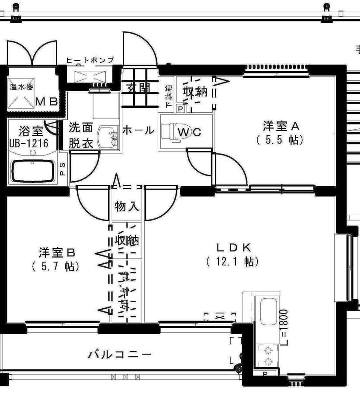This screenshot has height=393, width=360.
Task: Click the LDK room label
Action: pos(234,247)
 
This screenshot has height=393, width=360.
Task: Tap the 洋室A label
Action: pos(280,126)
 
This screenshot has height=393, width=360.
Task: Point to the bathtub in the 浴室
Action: pos(32,171)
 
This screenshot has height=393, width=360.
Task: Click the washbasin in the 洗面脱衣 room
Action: pos(108,136)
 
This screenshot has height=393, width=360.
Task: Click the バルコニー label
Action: pos(120,354)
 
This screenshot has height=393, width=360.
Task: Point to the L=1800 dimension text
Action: pos(284,328)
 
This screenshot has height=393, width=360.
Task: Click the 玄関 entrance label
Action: pos(138,87)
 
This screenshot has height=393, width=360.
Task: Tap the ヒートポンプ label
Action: pos(90,60)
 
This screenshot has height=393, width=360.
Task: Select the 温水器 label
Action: pos(21,86)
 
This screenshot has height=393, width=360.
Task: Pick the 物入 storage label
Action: pos(127,206)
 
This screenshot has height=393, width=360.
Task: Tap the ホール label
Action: pos(138,130)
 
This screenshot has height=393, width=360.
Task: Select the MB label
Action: pos(46,102)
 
